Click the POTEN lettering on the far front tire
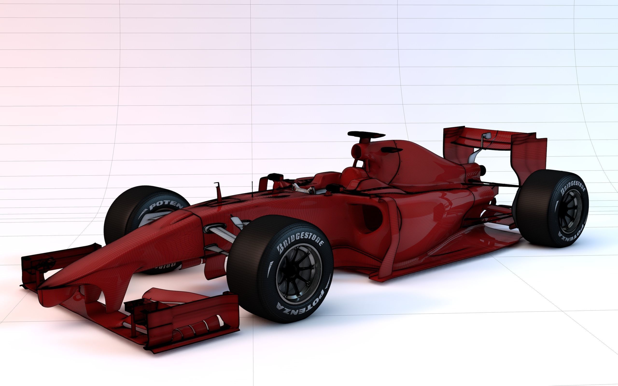[x=166, y=205]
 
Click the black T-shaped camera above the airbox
[x=366, y=135]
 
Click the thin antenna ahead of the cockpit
[x=252, y=189]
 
